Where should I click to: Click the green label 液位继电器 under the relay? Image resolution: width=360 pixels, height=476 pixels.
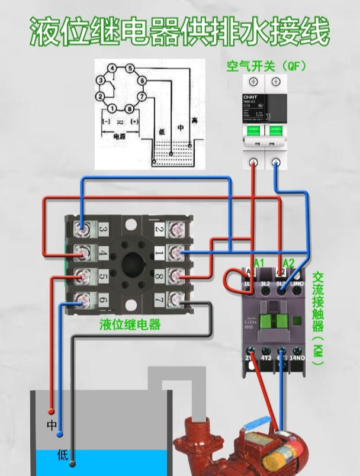tap(130, 325)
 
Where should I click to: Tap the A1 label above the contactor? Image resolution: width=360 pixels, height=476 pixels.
tap(259, 262)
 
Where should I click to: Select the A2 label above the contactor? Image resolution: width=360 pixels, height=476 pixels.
tap(288, 262)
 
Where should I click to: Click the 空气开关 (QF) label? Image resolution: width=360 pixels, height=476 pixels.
tap(266, 66)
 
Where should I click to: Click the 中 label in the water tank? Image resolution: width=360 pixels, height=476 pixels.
tap(52, 425)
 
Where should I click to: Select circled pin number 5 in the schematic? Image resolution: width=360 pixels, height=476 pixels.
tap(130, 69)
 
